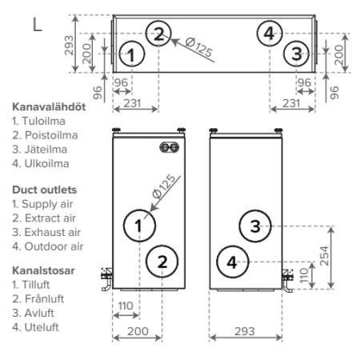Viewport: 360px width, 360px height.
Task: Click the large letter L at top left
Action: pos(38,24)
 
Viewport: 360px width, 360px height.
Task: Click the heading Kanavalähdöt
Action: pos(49,107)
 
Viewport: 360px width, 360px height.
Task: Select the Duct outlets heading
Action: pos(45,190)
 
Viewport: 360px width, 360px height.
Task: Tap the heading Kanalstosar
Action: pos(43,270)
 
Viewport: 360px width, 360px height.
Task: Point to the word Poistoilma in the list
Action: pos(51,135)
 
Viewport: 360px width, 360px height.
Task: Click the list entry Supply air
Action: pos(47,204)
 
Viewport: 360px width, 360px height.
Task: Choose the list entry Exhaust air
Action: pos(53,232)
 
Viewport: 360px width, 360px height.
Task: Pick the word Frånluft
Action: pos(44,299)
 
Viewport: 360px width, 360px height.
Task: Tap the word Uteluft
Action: pos(42,327)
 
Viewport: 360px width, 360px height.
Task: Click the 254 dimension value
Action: pos(324,256)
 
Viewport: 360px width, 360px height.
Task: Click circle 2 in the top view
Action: pos(158,34)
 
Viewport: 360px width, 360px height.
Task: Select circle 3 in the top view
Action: pos(296,54)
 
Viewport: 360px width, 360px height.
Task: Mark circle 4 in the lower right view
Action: pos(233,262)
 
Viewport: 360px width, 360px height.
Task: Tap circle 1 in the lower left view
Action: pos(139,226)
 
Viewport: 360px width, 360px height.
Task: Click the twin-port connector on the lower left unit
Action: pos(170,147)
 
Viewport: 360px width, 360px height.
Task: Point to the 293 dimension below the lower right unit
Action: pos(245,331)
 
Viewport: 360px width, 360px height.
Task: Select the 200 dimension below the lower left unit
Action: pos(138,331)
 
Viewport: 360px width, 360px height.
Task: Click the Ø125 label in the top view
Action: pos(199,47)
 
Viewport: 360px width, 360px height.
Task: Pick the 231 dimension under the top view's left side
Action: pos(133,103)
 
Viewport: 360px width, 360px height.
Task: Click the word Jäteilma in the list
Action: pos(46,150)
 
